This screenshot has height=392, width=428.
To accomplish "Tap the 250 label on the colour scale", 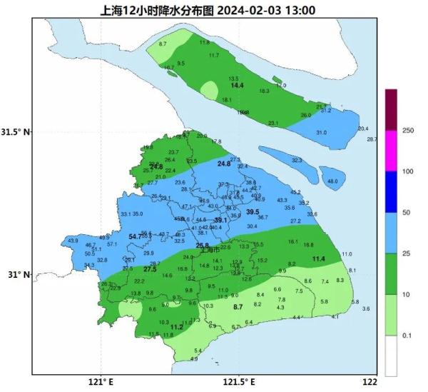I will [x=409, y=131].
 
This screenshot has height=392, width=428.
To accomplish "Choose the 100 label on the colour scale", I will [x=409, y=171].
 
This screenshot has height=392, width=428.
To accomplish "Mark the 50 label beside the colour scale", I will [x=407, y=213].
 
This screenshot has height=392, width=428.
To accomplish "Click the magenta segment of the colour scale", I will [x=390, y=151].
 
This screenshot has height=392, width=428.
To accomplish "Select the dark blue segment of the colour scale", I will [x=390, y=192].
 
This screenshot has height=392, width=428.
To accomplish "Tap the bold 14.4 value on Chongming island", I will [x=237, y=86].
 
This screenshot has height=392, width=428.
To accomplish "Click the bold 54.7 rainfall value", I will [x=135, y=236].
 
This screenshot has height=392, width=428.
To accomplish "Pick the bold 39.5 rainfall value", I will [x=253, y=212].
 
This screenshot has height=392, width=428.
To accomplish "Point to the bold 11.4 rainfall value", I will [x=318, y=258].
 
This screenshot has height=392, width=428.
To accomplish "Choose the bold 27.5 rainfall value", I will [x=150, y=269].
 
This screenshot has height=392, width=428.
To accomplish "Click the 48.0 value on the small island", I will [x=332, y=182].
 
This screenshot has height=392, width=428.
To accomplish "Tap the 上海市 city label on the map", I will [x=210, y=250].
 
